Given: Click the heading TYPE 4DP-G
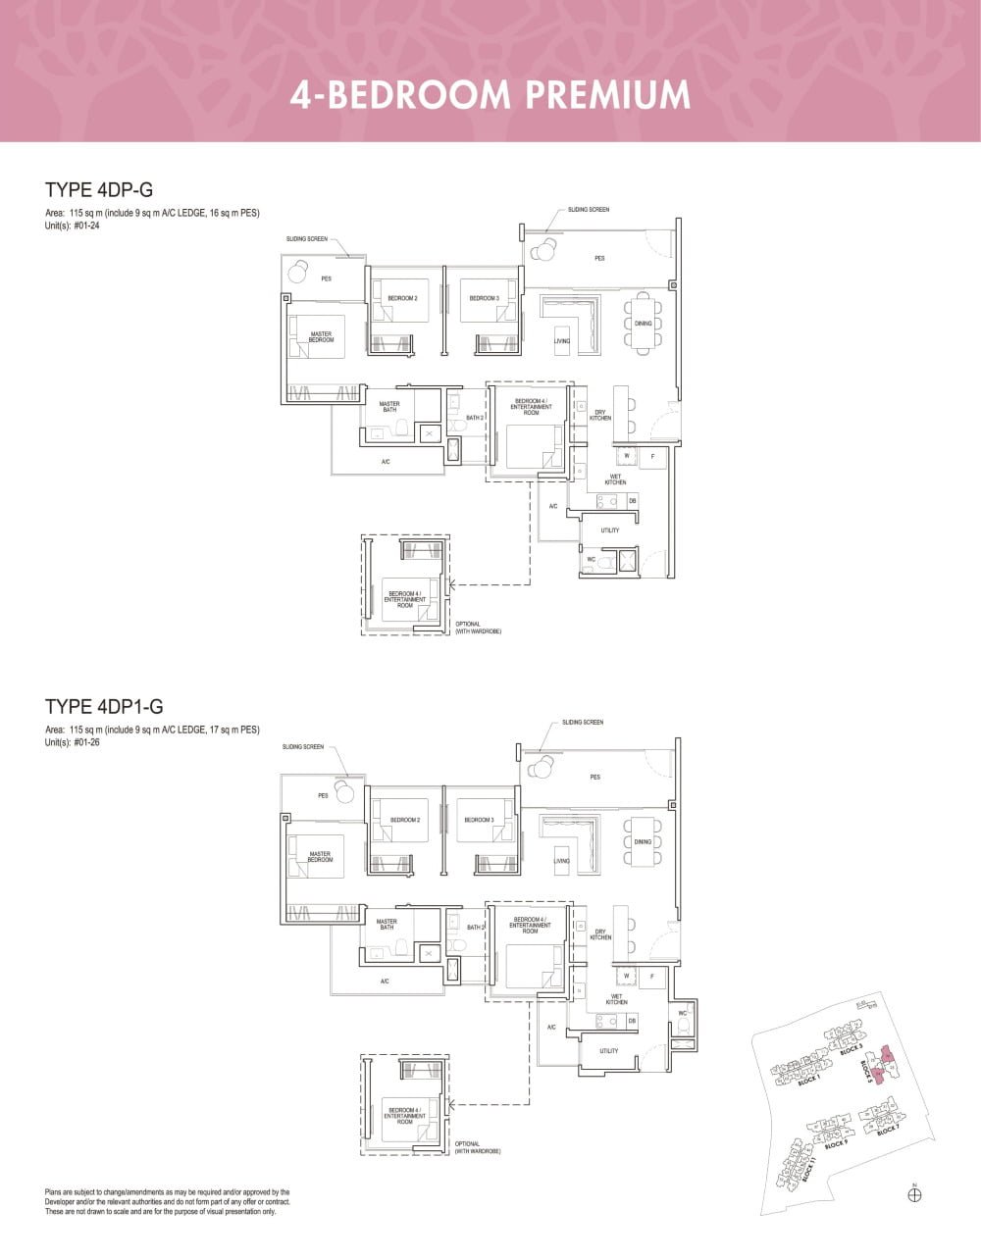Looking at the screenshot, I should tap(99, 190).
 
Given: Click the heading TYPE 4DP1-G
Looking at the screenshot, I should tap(104, 706).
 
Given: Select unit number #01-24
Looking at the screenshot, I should tap(87, 226).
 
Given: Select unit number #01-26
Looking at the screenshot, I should tap(87, 742).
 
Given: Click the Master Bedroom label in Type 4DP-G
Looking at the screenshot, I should tap(321, 337).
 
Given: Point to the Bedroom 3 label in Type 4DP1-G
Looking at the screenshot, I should tap(478, 820).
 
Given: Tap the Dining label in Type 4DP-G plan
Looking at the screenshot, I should tap(643, 324).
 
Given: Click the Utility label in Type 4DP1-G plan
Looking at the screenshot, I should tap(609, 1051).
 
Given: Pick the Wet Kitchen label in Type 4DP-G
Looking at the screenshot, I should tap(615, 479).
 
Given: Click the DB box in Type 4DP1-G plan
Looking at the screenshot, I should tap(632, 1021).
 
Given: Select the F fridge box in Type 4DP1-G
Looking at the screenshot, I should tap(651, 977).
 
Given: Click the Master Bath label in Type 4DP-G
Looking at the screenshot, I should tap(389, 406).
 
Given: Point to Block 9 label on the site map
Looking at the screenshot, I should tap(836, 1144).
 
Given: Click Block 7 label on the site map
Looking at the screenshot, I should tap(887, 1131).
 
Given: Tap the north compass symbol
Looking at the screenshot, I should tap(915, 1194).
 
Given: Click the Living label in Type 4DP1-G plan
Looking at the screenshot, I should tap(561, 861).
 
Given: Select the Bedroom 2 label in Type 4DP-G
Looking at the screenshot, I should tap(402, 298).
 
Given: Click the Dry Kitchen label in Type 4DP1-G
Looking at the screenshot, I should tap(600, 934).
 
